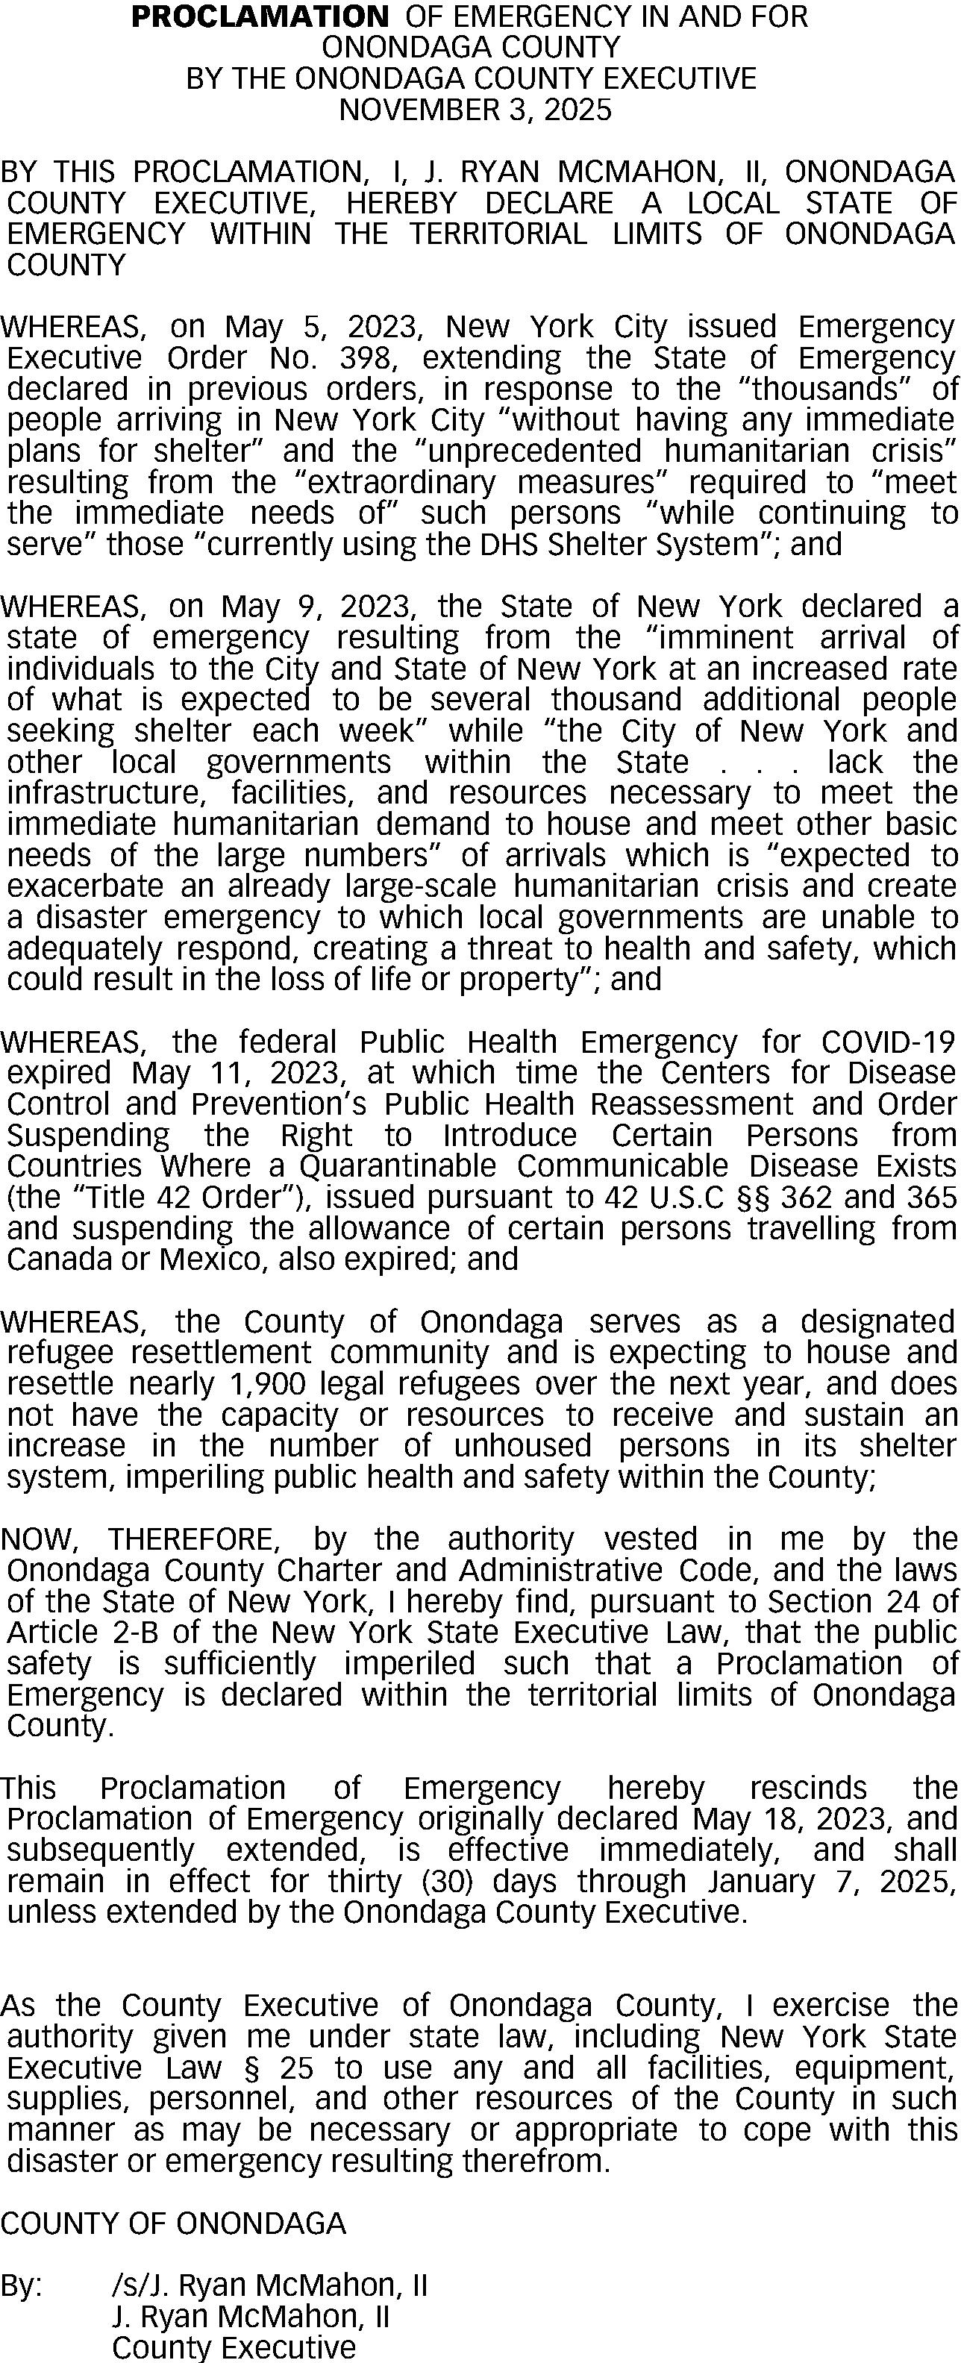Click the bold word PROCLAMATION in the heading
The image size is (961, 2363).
pos(260,16)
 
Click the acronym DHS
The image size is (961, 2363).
pos(509,545)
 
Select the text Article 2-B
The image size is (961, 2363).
pos(64,1633)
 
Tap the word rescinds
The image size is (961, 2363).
pos(808,1788)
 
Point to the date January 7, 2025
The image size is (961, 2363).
pos(832,1882)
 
